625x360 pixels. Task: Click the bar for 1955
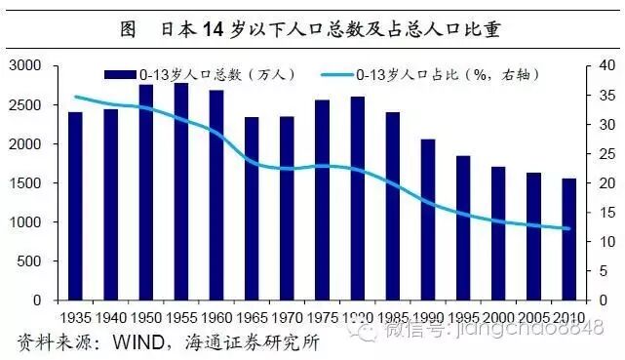(182, 192)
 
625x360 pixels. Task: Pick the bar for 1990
(427, 220)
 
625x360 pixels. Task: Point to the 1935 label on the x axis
(75, 318)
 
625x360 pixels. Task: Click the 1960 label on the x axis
(216, 318)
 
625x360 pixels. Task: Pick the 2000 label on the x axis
(497, 318)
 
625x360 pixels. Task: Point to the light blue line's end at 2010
(568, 229)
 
